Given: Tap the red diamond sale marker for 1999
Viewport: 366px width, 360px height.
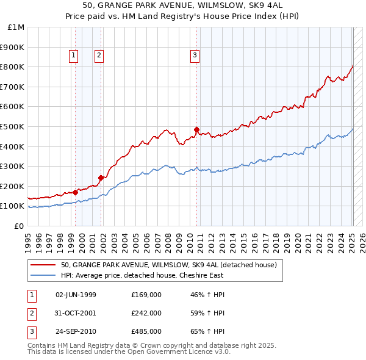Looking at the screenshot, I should point(75,192).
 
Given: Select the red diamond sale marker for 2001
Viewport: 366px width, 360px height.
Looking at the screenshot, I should point(101,178).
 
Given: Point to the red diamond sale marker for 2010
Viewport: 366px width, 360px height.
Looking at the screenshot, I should point(196,129).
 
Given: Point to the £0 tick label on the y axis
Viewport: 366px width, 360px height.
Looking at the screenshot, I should point(19,226).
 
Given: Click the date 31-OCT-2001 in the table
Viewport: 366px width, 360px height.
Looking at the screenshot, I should point(76,313).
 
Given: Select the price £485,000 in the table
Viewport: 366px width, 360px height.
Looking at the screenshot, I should point(146,331).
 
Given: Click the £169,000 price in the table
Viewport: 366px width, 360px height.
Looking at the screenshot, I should point(146,295).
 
